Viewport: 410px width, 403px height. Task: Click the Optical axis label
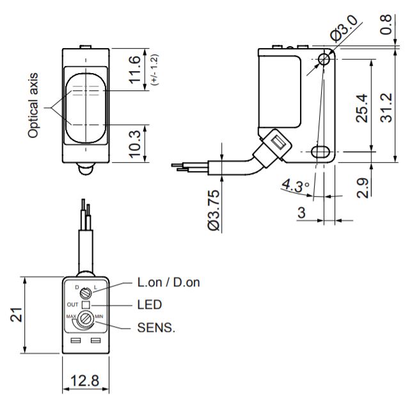(33, 106)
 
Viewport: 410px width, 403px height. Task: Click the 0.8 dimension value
(386, 24)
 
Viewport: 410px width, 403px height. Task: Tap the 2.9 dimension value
(362, 186)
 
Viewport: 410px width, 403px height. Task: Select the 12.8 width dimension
(86, 381)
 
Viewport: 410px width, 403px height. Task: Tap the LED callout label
(149, 305)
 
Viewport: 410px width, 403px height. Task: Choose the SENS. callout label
(156, 328)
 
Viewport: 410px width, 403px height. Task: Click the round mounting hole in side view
(324, 59)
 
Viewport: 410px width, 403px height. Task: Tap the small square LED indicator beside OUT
(86, 305)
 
